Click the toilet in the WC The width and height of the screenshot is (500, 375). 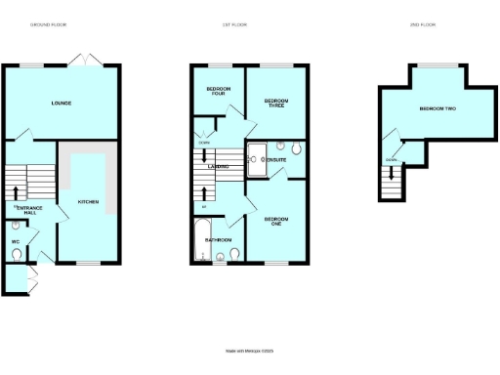pyautogui.click(x=17, y=254)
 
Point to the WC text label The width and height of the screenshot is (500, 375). pyautogui.click(x=16, y=241)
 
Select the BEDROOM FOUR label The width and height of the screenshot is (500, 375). pyautogui.click(x=218, y=93)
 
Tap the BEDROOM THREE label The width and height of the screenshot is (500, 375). pyautogui.click(x=277, y=103)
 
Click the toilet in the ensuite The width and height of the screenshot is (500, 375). pyautogui.click(x=296, y=150)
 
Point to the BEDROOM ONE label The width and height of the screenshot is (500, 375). pyautogui.click(x=276, y=222)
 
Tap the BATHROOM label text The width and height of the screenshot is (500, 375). pyautogui.click(x=218, y=239)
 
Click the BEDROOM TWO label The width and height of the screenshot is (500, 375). pyautogui.click(x=437, y=108)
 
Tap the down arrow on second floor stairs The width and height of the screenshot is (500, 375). pyautogui.click(x=393, y=173)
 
